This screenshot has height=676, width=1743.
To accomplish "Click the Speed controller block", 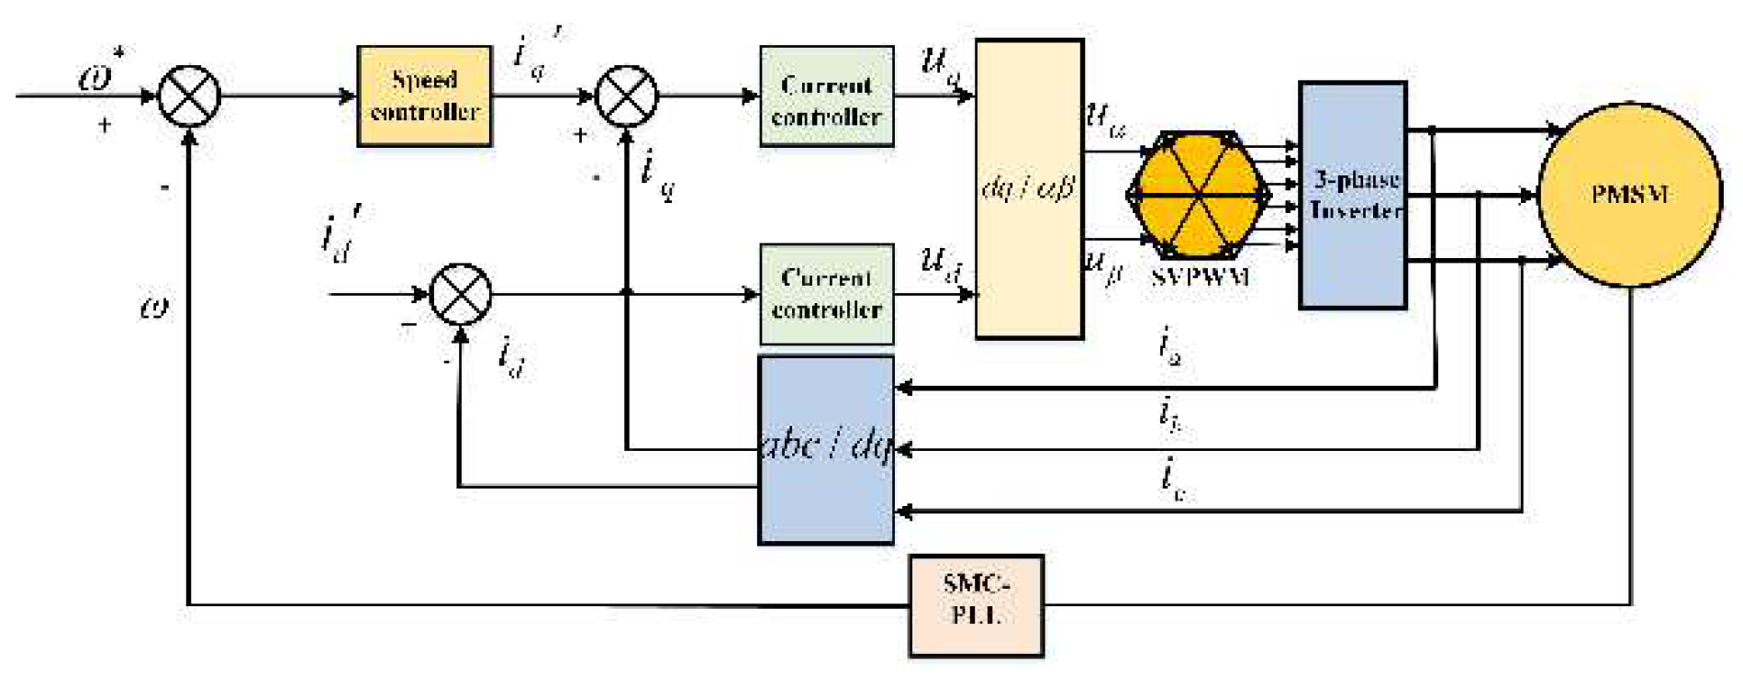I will (424, 96).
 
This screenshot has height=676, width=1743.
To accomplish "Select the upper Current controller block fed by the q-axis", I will (826, 96).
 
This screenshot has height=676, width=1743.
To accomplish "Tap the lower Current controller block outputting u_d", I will (826, 294).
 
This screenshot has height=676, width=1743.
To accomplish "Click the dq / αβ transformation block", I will (1029, 189).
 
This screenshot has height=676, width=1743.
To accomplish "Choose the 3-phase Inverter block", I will (1353, 195).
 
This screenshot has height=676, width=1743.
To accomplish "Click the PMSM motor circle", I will (1628, 195).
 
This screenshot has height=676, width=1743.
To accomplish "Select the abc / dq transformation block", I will (826, 450).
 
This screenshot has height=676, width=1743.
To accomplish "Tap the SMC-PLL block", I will (977, 605).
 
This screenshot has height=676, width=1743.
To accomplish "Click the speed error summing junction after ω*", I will (189, 96).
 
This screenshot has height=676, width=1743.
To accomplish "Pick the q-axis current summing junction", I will (627, 96).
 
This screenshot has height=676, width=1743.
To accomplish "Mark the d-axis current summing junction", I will (461, 294).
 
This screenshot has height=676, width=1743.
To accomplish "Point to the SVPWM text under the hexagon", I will (1199, 277).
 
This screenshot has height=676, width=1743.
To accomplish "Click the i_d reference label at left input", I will (341, 235).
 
